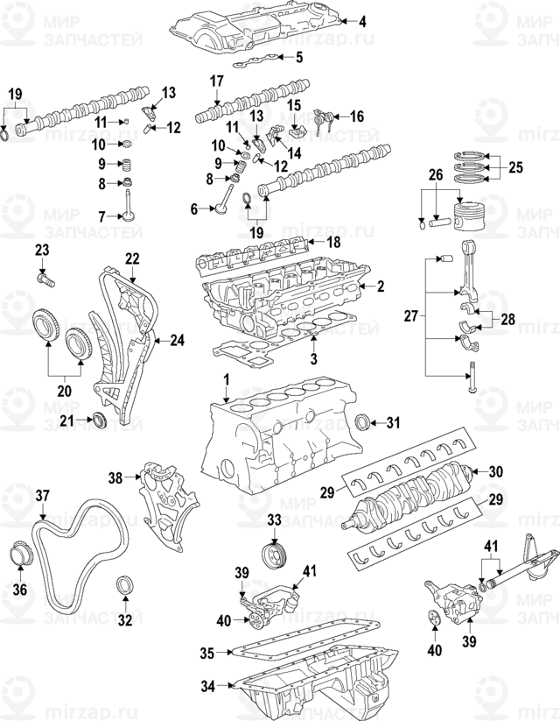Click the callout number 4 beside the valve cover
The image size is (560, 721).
[363, 20]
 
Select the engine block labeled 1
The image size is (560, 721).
[262, 434]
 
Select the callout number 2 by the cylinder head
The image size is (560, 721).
[381, 286]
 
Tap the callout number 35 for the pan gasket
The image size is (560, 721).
[206, 653]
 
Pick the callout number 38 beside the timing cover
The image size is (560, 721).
[115, 477]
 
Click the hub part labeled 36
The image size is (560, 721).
[20, 557]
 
